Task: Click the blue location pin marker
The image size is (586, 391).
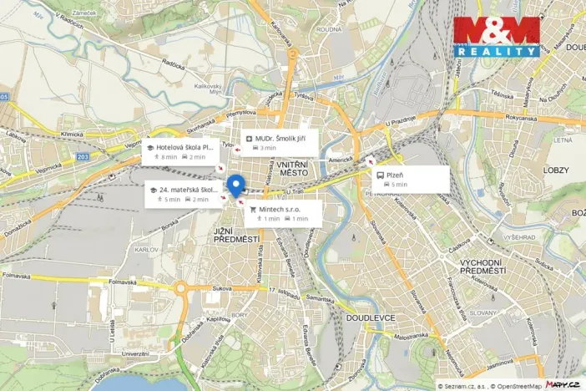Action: [235, 185]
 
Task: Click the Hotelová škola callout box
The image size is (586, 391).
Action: [181, 151]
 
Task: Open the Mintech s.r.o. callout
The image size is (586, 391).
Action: [283, 213]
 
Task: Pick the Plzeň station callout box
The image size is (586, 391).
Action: [411, 179]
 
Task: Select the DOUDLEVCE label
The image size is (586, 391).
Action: [366, 318]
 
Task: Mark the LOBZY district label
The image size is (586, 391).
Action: [555, 170]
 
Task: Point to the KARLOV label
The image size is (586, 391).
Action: [146, 250]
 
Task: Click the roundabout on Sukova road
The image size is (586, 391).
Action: [181, 291]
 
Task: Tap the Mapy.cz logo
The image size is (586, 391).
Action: [563, 384]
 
